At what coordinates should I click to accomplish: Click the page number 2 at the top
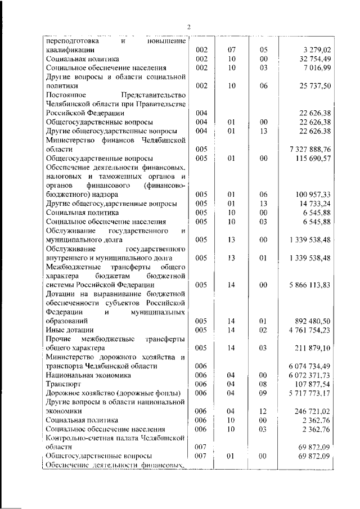[189, 27]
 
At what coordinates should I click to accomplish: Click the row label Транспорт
[61, 384]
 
